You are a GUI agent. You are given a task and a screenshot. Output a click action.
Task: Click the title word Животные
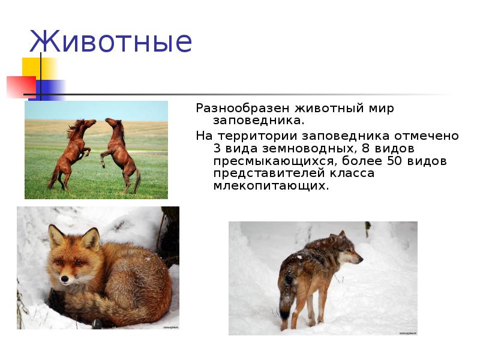(110, 42)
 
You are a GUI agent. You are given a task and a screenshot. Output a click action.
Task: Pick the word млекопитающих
(271, 186)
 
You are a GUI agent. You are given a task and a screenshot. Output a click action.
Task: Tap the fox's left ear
(56, 235)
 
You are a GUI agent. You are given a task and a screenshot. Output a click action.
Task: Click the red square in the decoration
(21, 86)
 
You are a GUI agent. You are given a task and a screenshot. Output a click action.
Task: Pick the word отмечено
(431, 136)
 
